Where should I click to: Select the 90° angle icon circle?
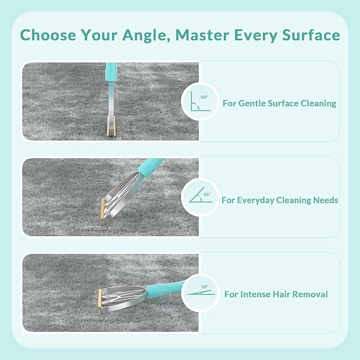[x=200, y=101]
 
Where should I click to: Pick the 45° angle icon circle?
[x=200, y=197]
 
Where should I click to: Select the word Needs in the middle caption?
[x=326, y=200]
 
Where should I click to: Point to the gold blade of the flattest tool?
[x=101, y=296]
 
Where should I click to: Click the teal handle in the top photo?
[x=111, y=72]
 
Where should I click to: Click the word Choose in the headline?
[x=47, y=36]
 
